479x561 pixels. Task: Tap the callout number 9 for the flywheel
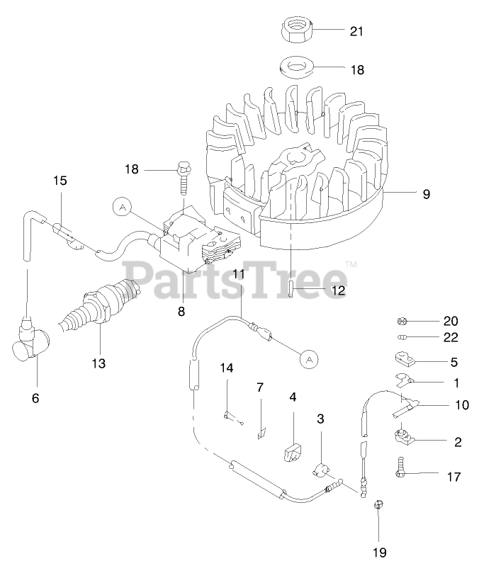coord(427,193)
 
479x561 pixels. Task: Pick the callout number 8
coord(181,310)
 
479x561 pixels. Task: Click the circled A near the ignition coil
coord(123,208)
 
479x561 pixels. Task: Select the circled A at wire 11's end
coord(308,359)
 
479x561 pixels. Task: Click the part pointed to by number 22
coord(402,336)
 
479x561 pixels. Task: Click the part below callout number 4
coord(293,451)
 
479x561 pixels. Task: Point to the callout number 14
coord(226,368)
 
